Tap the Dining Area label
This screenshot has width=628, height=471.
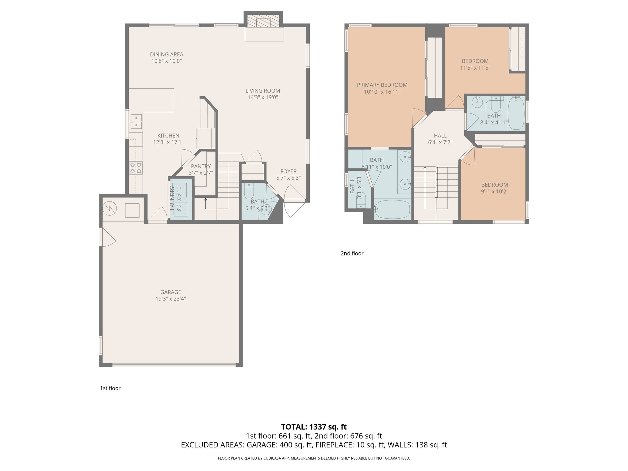click(x=167, y=54)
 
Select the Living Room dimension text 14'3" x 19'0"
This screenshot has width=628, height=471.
click(x=263, y=98)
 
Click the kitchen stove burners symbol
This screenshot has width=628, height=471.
click(x=136, y=168)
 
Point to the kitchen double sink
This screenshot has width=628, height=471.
click(x=136, y=121)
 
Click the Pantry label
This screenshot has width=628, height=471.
click(x=201, y=166)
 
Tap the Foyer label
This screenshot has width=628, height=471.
click(x=288, y=171)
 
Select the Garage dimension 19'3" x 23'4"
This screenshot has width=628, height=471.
click(x=170, y=299)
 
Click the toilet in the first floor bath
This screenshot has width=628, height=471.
click(x=249, y=192)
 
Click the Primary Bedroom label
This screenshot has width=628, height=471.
click(x=382, y=85)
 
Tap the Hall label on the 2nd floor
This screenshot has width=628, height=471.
click(x=440, y=136)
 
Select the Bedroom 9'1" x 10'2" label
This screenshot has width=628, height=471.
click(x=494, y=185)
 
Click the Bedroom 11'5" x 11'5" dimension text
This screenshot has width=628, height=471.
click(x=475, y=68)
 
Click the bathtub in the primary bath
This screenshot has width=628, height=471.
click(x=392, y=209)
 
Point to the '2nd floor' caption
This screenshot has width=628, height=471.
click(x=352, y=253)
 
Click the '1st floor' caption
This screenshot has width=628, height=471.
click(x=110, y=388)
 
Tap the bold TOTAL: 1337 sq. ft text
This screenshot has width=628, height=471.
click(x=314, y=427)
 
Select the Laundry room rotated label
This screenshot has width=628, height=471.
click(x=172, y=198)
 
